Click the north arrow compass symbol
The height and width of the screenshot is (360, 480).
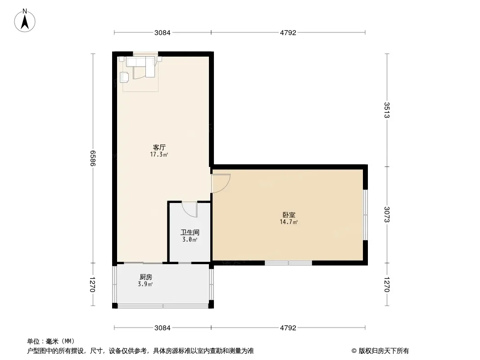(x=25, y=21)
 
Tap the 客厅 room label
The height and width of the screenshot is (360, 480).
(x=159, y=148)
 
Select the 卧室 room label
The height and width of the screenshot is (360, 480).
(x=289, y=215)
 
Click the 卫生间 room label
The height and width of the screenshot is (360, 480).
(x=190, y=233)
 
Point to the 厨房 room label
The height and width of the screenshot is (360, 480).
(x=146, y=277)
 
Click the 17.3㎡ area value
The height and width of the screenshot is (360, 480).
(x=159, y=155)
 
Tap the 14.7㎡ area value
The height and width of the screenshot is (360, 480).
(x=289, y=222)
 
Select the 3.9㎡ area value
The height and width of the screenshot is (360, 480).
(x=145, y=284)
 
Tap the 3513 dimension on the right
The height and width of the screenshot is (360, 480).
(x=387, y=110)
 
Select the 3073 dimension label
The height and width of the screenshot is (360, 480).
(x=387, y=215)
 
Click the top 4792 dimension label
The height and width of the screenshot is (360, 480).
(x=288, y=33)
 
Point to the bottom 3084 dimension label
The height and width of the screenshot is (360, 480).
(x=162, y=328)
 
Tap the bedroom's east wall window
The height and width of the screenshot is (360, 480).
(x=365, y=215)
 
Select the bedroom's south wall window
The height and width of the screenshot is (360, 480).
(x=288, y=263)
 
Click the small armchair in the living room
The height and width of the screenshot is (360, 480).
(x=124, y=77)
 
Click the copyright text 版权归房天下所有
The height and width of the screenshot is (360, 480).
(x=384, y=351)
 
